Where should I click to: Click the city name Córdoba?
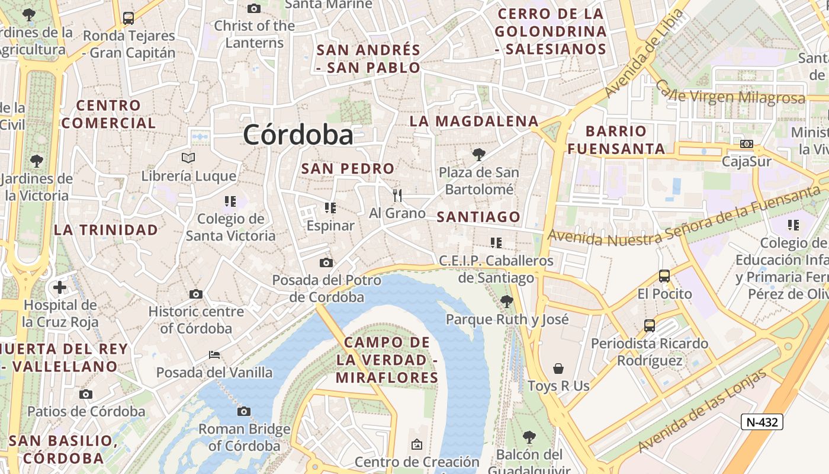point(298,135)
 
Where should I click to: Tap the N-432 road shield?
point(762,422)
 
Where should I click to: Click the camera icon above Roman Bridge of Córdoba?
point(243,411)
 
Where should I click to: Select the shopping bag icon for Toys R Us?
point(558,369)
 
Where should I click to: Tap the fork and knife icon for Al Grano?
point(397,195)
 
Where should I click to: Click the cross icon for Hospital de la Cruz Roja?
point(59,288)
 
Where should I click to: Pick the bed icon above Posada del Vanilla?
point(214,355)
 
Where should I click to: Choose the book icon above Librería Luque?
point(188,158)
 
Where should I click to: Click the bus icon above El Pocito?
point(664,276)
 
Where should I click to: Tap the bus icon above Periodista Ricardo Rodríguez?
point(650,325)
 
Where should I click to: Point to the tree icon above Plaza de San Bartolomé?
point(478,155)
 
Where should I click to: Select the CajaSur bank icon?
point(747,144)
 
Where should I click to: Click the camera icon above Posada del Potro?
point(326,262)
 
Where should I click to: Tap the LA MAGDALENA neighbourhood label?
point(474,121)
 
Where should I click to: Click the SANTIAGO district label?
point(478,217)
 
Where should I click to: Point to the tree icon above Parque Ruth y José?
point(506,301)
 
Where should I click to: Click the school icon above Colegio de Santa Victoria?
point(230,201)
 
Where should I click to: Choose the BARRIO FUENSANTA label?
point(616,140)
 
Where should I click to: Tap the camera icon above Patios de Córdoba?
point(86,394)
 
